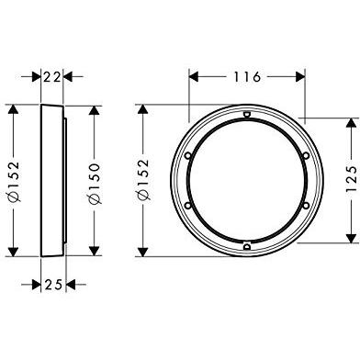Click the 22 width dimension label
click(51, 77)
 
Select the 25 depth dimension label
click(53, 285)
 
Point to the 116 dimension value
click(247, 77)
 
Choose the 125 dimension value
click(351, 179)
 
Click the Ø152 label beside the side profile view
click(14, 182)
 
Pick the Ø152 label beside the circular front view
click(143, 180)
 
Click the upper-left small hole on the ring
click(188, 155)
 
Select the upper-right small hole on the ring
click(306, 156)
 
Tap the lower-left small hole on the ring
click(188, 205)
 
